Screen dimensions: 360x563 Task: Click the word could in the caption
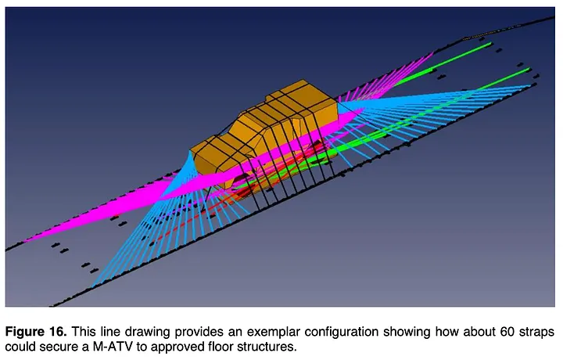[19, 346]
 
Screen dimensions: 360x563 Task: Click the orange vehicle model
[258, 129]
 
